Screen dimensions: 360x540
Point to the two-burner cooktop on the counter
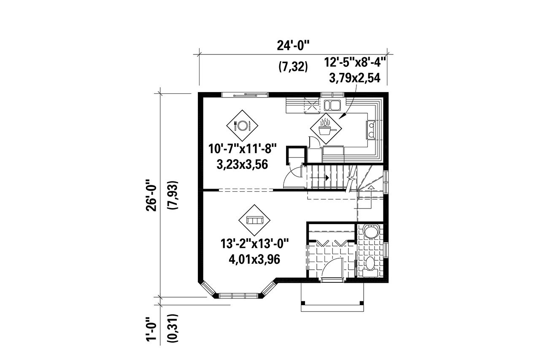(x=372, y=129)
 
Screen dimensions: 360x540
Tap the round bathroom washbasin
(x=370, y=234)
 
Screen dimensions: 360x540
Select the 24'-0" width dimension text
(x=294, y=46)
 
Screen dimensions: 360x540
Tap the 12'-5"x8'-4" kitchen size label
(x=355, y=63)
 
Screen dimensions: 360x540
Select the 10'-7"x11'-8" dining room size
(x=242, y=149)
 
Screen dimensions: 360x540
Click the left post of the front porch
(x=302, y=303)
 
